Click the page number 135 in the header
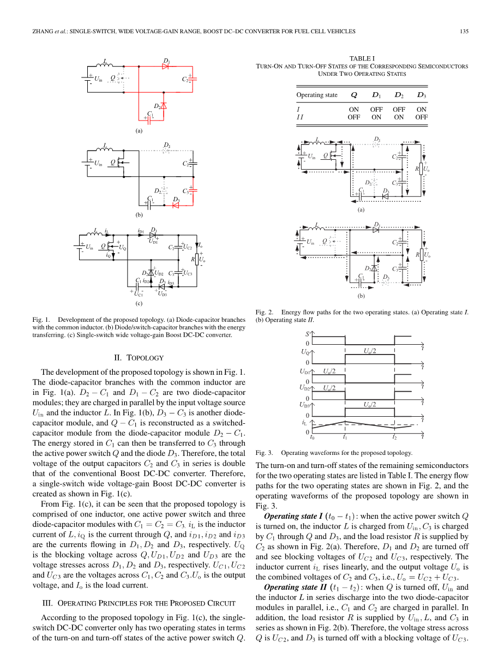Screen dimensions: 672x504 (464, 31)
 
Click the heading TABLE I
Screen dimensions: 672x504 (362, 58)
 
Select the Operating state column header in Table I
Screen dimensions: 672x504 (317, 95)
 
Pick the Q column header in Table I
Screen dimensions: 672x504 (354, 95)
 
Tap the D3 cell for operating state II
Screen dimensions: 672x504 (421, 117)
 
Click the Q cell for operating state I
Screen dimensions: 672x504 (354, 109)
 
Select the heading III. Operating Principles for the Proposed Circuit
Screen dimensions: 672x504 (139, 603)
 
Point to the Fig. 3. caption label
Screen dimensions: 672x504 (263, 453)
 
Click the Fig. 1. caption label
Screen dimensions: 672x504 (41, 320)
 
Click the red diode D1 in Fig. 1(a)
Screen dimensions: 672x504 (166, 67)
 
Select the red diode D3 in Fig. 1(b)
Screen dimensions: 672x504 (176, 206)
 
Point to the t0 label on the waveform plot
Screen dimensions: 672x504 (312, 437)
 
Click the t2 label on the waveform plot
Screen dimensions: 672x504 (394, 437)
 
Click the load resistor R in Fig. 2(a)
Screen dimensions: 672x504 (422, 169)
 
